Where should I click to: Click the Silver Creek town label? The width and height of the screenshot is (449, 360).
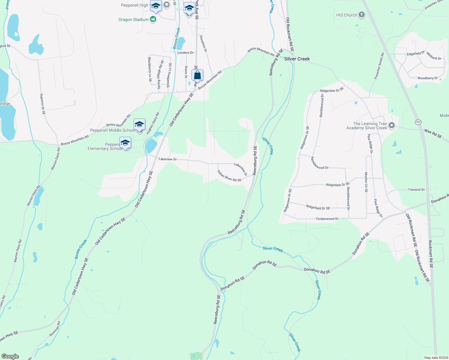coord(297,59)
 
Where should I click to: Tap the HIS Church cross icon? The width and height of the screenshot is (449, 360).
coord(362,15)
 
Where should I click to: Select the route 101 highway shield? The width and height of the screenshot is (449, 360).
coord(418,122)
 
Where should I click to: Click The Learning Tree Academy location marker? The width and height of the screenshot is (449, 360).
coord(391,125)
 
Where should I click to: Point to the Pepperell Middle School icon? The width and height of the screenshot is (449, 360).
coord(139,124)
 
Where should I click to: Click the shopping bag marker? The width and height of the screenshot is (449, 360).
coord(197,75)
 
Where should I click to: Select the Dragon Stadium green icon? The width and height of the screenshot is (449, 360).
coord(153,19)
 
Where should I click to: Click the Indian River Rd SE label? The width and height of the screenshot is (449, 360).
coord(229,176)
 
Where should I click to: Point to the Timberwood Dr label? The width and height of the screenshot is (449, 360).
coord(327,219)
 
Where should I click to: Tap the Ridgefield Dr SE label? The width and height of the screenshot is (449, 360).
coord(318,207)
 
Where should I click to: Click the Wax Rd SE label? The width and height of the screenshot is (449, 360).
coord(433,133)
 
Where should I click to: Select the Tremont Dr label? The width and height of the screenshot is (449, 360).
coord(416,190)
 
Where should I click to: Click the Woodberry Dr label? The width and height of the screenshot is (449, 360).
coord(427,78)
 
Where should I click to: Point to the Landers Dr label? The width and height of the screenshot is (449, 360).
coord(185,53)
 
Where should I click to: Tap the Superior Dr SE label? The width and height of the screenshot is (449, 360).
coord(43,104)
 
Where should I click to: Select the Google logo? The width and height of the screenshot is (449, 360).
coord(10,356)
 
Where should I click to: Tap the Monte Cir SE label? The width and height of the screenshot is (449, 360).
coord(366,182)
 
